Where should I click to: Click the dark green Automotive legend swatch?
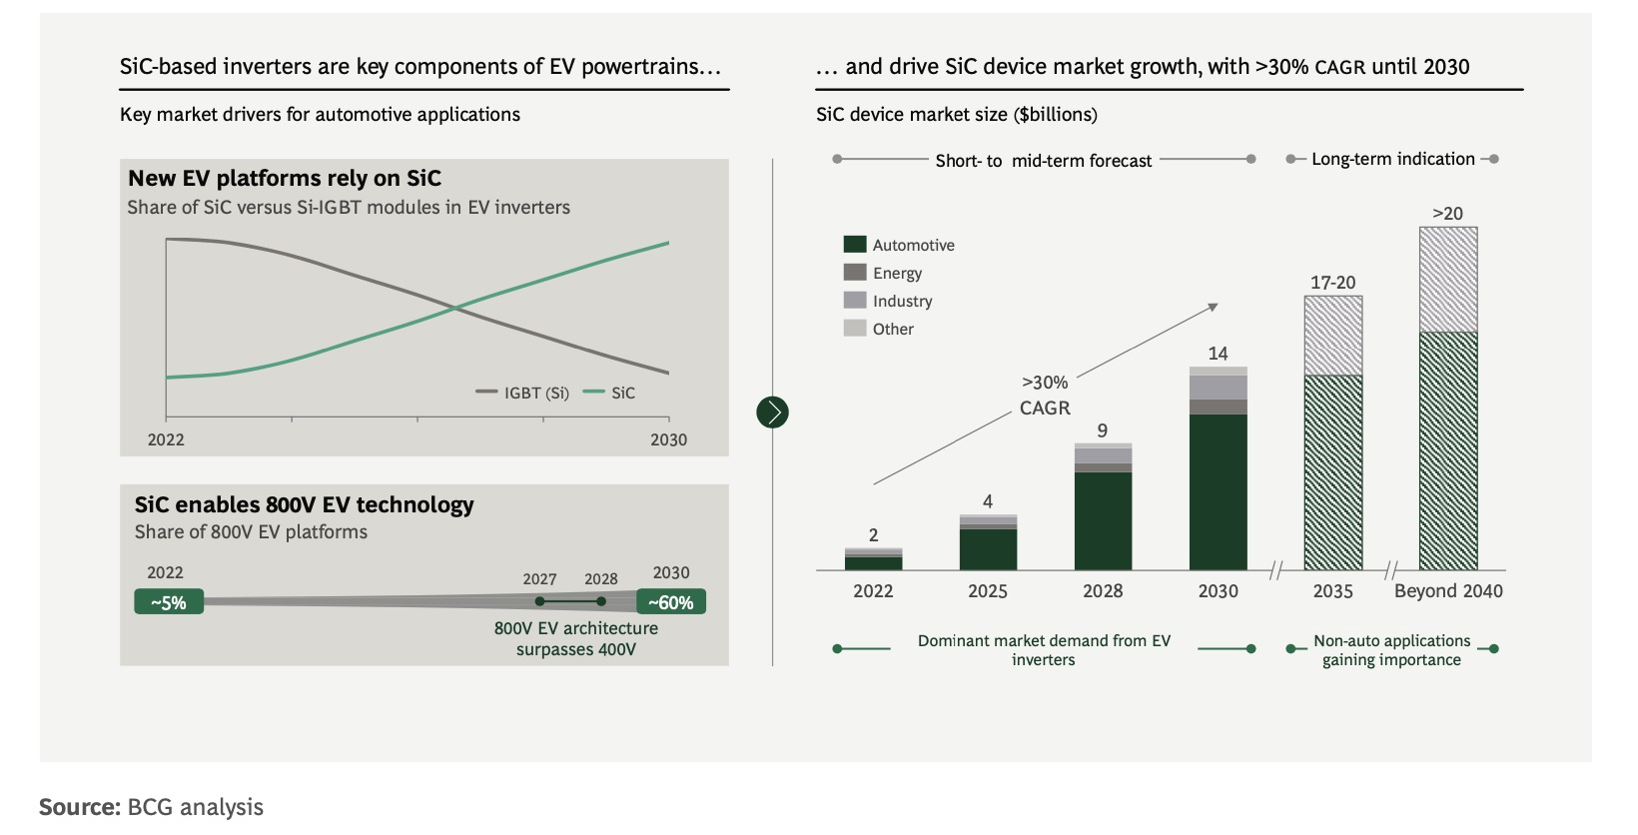pyautogui.click(x=854, y=244)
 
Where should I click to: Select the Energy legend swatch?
pyautogui.click(x=854, y=272)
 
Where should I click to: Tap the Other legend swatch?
pyautogui.click(x=854, y=328)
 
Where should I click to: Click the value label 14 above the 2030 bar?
pyautogui.click(x=1218, y=354)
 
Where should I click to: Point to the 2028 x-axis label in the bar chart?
pyautogui.click(x=1103, y=591)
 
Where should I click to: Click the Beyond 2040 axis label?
pyautogui.click(x=1447, y=591)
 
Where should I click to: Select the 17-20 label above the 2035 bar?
pyautogui.click(x=1332, y=283)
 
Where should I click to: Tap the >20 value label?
pyautogui.click(x=1447, y=214)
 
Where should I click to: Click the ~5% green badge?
pyautogui.click(x=169, y=602)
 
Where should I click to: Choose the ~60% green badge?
pyautogui.click(x=671, y=602)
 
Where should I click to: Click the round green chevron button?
pyautogui.click(x=772, y=412)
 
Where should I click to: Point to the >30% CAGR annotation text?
pyautogui.click(x=1045, y=396)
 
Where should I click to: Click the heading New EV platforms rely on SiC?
pyautogui.click(x=285, y=179)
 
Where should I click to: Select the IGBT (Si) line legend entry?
pyautogui.click(x=523, y=393)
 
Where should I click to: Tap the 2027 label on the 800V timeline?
pyautogui.click(x=539, y=579)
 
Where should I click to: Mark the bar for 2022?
pyautogui.click(x=873, y=559)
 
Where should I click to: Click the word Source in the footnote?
pyautogui.click(x=80, y=807)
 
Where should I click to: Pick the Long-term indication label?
pyautogui.click(x=1392, y=159)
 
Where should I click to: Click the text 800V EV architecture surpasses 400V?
pyautogui.click(x=576, y=638)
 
